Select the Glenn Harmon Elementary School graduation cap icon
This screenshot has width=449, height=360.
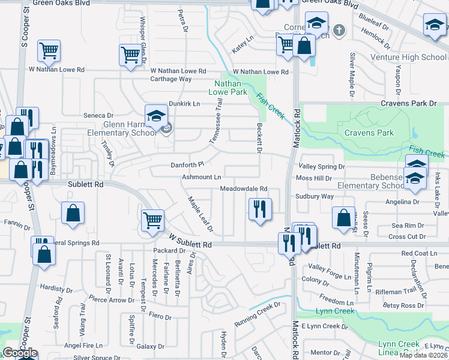(156, 115)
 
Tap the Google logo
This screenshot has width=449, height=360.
(19, 353)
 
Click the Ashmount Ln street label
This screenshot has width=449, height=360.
(202, 178)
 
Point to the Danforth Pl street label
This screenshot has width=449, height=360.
(188, 164)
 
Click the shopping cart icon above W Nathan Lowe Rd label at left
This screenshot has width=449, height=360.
(49, 50)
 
